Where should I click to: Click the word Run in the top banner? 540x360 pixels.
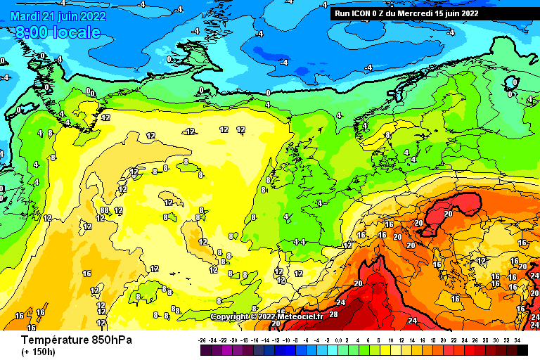point(342,13)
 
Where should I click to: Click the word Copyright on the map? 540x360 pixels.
point(230,317)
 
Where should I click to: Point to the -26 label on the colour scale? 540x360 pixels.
point(203,340)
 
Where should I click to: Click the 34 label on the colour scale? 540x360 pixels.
point(517,340)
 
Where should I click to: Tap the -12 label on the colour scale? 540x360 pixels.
point(277,340)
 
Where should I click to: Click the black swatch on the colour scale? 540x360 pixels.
point(522,349)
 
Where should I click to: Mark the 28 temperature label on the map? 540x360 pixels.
point(333,314)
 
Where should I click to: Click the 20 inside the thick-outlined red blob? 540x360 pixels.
point(448,214)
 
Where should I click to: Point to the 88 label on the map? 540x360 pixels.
point(104,210)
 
